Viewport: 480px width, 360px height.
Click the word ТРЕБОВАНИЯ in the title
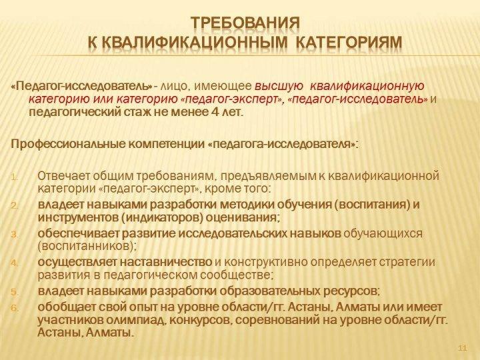[245, 23]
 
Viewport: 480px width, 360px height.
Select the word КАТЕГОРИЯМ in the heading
[349, 43]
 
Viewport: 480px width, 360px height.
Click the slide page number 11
[463, 348]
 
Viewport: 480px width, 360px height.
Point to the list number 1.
[15, 177]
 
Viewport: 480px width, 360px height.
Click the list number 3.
[15, 235]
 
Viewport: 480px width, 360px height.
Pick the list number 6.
[15, 308]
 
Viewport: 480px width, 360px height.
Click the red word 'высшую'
[279, 87]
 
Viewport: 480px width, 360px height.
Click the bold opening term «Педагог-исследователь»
[82, 87]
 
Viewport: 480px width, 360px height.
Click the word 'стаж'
[137, 113]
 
